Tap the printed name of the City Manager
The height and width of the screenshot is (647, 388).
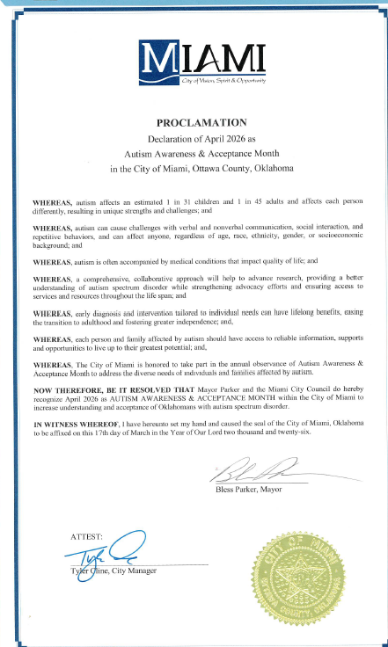coord(112,571)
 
